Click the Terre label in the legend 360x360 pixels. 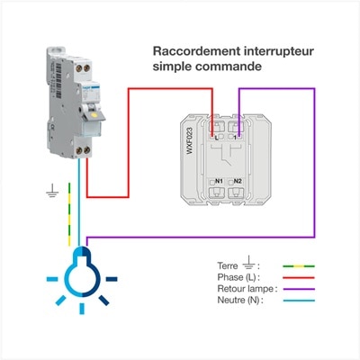click(x=228, y=266)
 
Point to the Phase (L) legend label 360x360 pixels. click(x=238, y=277)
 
